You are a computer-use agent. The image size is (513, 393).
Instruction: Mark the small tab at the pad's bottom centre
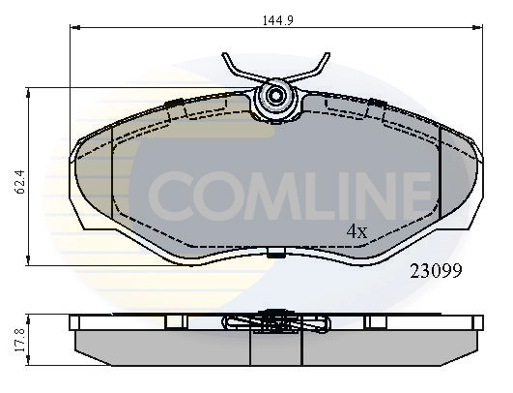tap(276, 256)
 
